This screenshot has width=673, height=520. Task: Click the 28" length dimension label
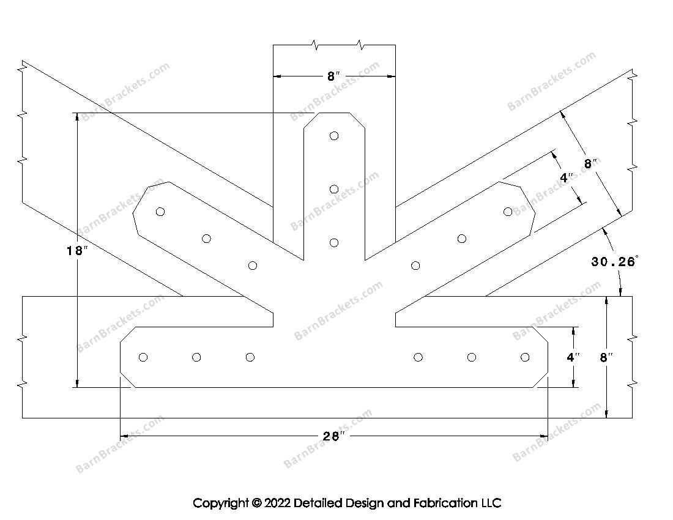[x=333, y=436]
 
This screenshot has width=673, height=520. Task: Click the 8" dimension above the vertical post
[x=333, y=76]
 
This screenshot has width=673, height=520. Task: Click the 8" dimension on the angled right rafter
[x=590, y=163]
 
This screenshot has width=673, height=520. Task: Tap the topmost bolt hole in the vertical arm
[x=334, y=136]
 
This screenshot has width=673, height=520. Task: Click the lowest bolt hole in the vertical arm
[x=334, y=243]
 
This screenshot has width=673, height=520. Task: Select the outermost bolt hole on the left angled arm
[x=160, y=212]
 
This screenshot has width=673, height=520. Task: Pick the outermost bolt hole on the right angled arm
[x=508, y=212]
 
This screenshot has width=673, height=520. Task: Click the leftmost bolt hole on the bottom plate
[x=143, y=357]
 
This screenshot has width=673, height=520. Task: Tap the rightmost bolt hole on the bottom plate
[x=525, y=357]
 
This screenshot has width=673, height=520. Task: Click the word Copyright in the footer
[x=220, y=503]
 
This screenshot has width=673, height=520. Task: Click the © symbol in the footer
[x=256, y=503]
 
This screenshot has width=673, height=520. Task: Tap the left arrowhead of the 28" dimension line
[x=123, y=436]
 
